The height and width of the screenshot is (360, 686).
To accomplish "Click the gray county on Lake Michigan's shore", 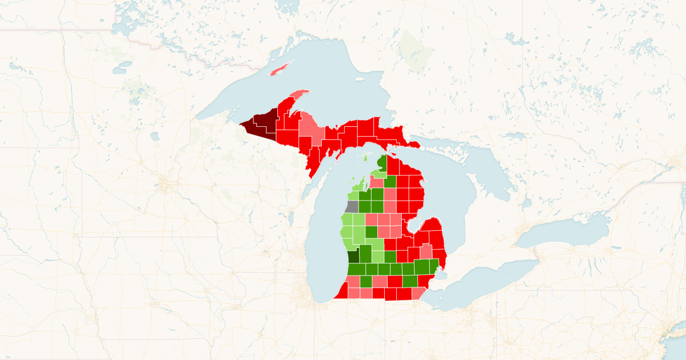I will coord(352,207).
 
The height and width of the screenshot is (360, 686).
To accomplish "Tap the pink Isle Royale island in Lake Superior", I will coord(280,69).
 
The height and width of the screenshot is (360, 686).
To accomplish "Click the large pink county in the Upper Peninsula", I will coord(311,130).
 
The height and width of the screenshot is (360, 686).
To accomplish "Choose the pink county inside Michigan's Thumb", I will coord(426,251).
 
